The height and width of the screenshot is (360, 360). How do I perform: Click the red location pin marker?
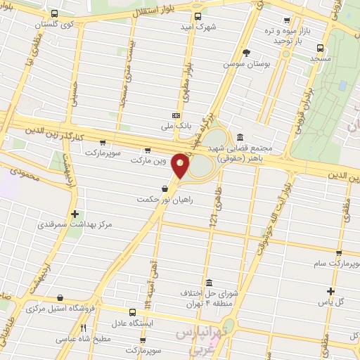pyautogui.click(x=181, y=166)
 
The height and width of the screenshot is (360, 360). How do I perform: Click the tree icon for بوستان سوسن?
pyautogui.click(x=246, y=53)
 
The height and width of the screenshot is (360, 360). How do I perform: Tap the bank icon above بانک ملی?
pyautogui.click(x=176, y=115)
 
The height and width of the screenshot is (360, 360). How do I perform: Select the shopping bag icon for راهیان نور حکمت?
pyautogui.click(x=165, y=188)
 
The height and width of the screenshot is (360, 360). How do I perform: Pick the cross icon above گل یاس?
pyautogui.click(x=331, y=291)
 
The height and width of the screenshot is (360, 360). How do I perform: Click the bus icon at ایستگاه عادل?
pyautogui.click(x=133, y=312)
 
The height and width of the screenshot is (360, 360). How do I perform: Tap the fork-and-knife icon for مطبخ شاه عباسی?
pyautogui.click(x=83, y=328)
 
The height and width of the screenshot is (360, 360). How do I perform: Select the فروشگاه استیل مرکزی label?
pyautogui.click(x=63, y=308)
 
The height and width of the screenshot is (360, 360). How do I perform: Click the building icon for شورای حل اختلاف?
pyautogui.click(x=207, y=283)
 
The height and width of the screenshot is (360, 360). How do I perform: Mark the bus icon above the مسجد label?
pyautogui.click(x=320, y=49)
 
